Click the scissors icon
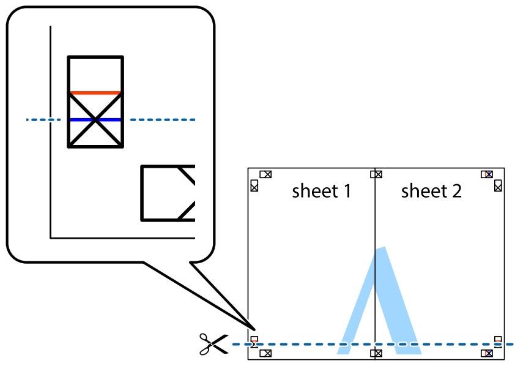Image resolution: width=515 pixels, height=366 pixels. pos(213,345)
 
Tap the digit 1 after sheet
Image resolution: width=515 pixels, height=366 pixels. pos(347,192)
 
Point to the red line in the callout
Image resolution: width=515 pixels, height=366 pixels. pos(95,93)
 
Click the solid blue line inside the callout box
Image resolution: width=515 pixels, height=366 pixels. pos(95,120)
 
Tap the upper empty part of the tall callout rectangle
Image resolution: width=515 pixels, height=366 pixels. pos(95,74)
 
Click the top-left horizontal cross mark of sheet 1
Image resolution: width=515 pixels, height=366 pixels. pos(265,174)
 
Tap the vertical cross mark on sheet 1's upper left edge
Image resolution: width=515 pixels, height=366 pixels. pos(254,185)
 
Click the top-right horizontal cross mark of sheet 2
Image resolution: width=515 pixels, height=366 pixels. pos(487,174)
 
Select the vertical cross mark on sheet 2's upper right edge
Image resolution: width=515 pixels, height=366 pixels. pos(498,185)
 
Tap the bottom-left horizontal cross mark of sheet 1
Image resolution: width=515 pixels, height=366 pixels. pos(265,353)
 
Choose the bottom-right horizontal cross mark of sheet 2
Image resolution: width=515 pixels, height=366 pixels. pos(487,353)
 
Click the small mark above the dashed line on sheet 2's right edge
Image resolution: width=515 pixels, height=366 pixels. pos(498,339)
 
